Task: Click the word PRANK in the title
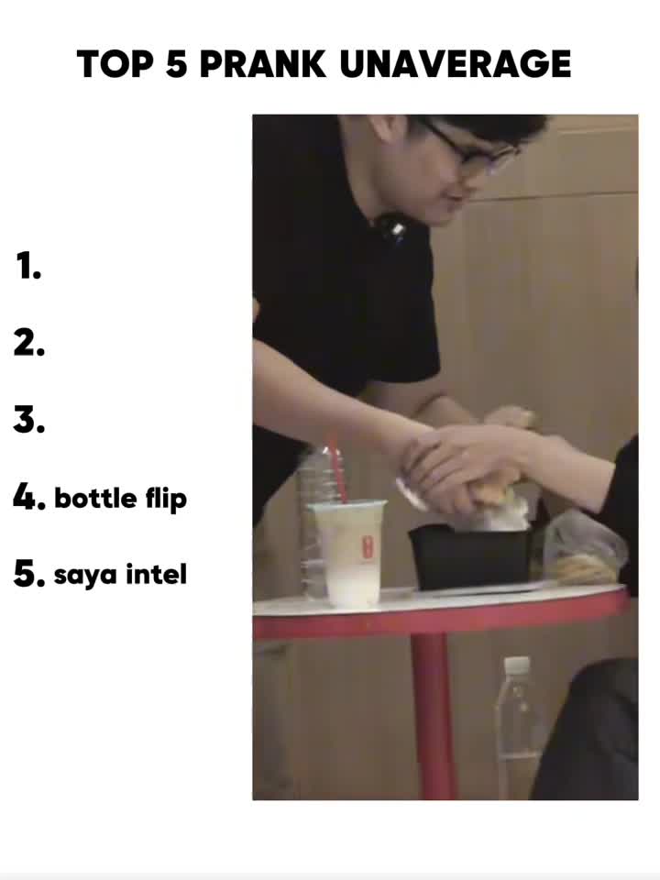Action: [x=262, y=63]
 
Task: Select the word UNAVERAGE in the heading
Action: [x=456, y=63]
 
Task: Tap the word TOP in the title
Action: [x=115, y=63]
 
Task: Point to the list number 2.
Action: [x=29, y=343]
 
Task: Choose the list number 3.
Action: [x=29, y=420]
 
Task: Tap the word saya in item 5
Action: [x=86, y=576]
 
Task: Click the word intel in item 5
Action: [x=156, y=574]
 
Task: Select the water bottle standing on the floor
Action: [x=516, y=728]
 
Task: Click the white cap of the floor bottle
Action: [x=516, y=665]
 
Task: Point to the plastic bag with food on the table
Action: [x=584, y=551]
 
